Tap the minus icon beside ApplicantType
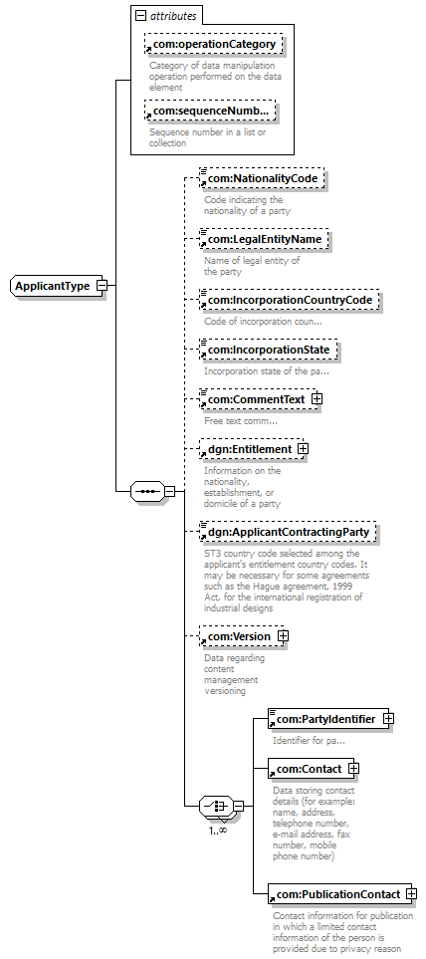click(103, 286)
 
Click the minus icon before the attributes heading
click(141, 17)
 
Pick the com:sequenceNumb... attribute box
click(210, 111)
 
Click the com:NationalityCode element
click(262, 178)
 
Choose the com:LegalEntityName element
click(264, 239)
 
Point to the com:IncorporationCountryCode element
click(289, 301)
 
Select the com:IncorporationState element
click(268, 351)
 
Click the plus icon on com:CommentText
click(317, 398)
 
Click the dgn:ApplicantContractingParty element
click(288, 532)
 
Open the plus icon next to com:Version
click(283, 636)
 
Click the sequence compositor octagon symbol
click(147, 491)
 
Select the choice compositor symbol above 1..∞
click(216, 806)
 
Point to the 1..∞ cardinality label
click(218, 830)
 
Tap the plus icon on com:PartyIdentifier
click(388, 719)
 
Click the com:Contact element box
click(312, 769)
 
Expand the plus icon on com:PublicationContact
click(413, 894)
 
